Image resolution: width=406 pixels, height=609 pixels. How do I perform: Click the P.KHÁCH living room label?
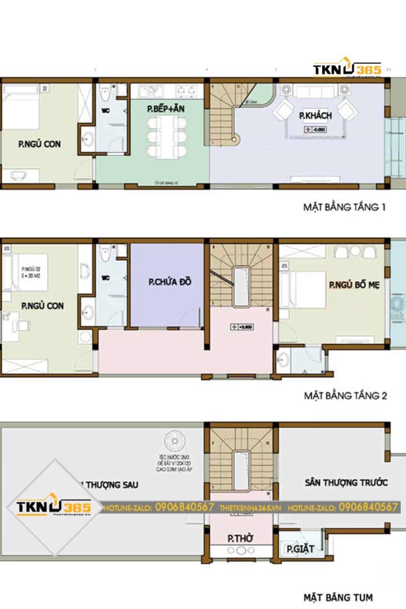pos(315,116)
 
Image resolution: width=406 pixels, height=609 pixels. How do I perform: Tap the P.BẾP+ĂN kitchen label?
pos(166,109)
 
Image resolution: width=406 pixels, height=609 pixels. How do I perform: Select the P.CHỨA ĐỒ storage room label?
pos(170,281)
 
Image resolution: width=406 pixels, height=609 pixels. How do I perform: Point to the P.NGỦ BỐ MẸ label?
pos(354,285)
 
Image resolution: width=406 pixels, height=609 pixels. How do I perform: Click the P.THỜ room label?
pos(240,538)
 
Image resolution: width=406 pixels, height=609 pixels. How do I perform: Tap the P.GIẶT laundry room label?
pos(300,549)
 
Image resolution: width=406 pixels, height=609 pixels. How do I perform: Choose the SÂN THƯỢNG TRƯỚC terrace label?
pos(346,482)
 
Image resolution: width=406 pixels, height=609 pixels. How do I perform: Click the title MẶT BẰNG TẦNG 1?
pos(344,207)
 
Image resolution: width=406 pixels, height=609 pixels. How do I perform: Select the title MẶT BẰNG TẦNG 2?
pos(346,395)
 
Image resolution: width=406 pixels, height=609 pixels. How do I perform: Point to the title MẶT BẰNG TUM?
pos(338,597)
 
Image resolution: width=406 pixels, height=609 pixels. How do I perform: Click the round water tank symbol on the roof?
pos(175,441)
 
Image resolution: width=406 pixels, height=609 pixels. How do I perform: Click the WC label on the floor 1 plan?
pos(105,110)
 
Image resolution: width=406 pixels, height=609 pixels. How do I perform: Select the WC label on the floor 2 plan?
pos(105,278)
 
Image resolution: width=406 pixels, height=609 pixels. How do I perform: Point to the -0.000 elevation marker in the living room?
pos(315,130)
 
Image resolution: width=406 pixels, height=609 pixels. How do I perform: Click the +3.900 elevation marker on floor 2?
pos(242,327)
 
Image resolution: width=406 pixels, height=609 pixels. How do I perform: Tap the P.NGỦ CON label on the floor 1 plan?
pos(39,144)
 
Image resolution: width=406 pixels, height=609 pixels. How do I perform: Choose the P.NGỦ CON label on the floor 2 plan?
pos(42,306)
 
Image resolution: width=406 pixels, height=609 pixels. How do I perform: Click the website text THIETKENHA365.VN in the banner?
pos(250,508)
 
